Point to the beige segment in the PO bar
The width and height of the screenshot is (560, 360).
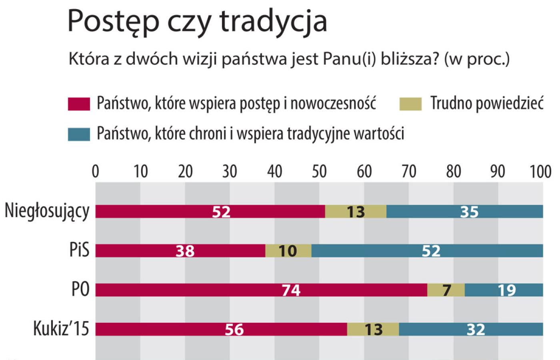click(446, 290)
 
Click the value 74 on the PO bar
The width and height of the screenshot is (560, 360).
click(291, 290)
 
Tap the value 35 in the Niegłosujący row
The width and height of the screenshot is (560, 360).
click(469, 212)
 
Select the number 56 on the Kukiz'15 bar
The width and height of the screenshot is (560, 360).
click(234, 329)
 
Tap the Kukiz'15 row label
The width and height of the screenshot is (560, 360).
click(61, 329)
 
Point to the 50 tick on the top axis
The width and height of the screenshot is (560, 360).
click(319, 172)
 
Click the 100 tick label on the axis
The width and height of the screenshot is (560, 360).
click(540, 172)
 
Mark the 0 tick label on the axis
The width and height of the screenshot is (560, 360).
click(95, 172)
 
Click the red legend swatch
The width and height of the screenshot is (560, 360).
click(79, 104)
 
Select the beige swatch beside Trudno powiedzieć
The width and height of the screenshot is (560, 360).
click(410, 104)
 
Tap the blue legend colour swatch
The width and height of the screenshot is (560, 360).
click(79, 134)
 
